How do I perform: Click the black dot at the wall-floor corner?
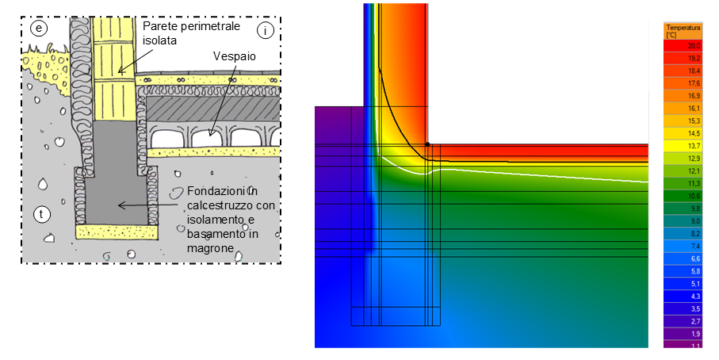[x=426, y=144]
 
